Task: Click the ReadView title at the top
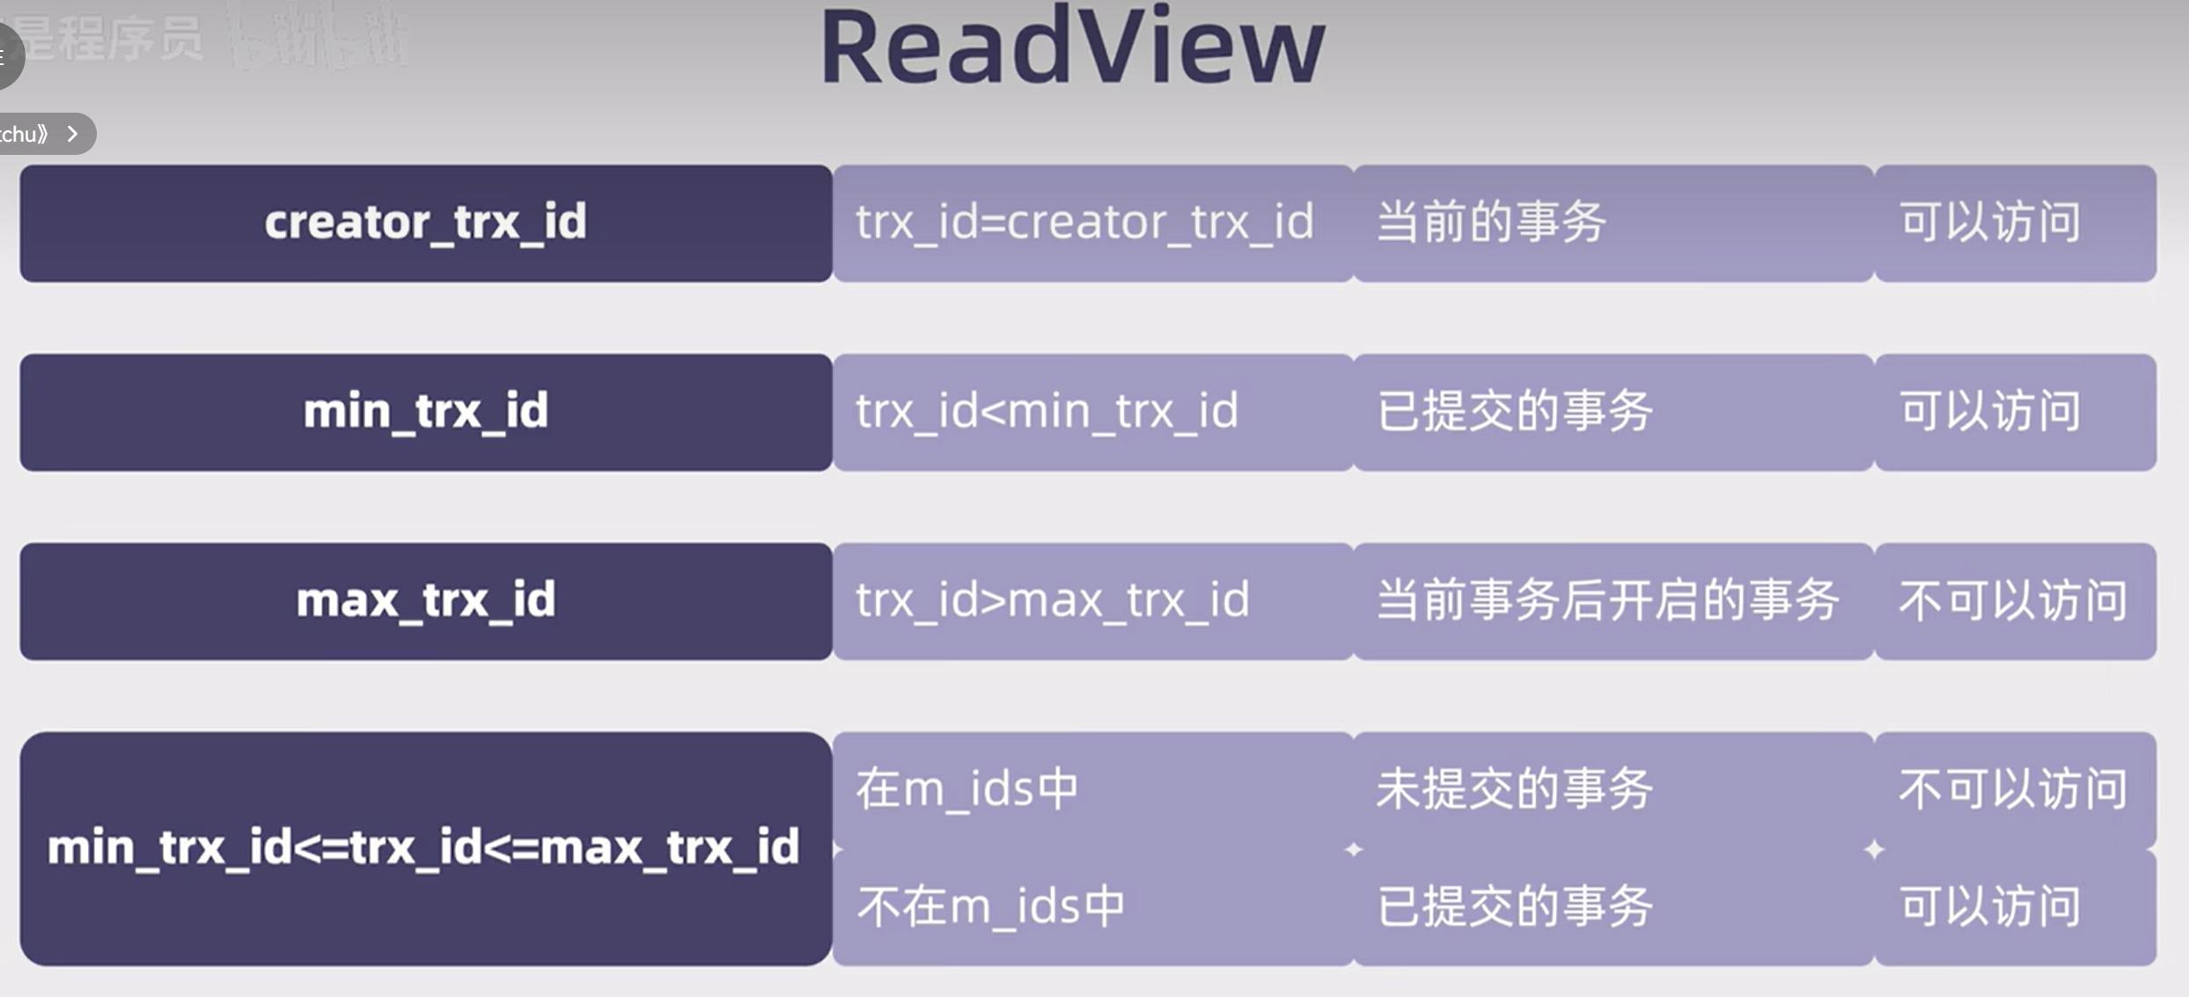pos(1072,48)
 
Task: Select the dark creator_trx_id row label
pos(425,223)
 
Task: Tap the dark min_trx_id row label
pos(425,412)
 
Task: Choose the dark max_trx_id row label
pos(425,601)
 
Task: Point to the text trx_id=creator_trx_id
pos(1084,222)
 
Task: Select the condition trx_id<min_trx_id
pos(1047,411)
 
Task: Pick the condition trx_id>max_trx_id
pos(1052,600)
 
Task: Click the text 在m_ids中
pos(966,788)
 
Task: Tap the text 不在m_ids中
pos(991,906)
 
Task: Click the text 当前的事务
pos(1491,222)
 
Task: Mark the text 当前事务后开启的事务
pos(1607,600)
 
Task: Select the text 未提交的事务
pos(1514,788)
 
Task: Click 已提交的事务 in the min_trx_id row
pos(1514,411)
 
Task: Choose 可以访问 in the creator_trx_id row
pos(1991,222)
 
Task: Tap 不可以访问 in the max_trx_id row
pos(2013,600)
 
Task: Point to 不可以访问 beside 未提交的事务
pos(2013,788)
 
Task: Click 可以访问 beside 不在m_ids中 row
pos(1991,906)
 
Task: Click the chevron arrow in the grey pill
pos(73,134)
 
